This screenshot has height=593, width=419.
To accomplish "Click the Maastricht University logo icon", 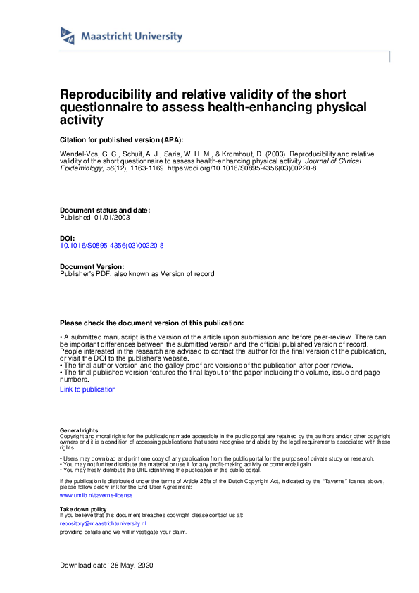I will (x=68, y=36).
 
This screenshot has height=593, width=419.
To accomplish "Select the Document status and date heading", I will (x=104, y=210).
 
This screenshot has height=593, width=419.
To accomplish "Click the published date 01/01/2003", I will (x=111, y=217).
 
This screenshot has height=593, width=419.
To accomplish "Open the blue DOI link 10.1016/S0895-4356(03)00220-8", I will (x=112, y=245).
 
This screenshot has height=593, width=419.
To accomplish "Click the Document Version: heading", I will (x=92, y=266).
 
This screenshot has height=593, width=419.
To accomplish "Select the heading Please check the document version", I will (x=152, y=322).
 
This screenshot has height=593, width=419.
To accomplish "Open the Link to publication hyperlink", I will (x=88, y=389).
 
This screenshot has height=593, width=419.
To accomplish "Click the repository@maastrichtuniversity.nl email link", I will (x=103, y=523).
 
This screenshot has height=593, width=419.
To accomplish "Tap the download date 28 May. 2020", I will (x=129, y=566).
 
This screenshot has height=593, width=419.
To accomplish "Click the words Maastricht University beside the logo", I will (x=132, y=37).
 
